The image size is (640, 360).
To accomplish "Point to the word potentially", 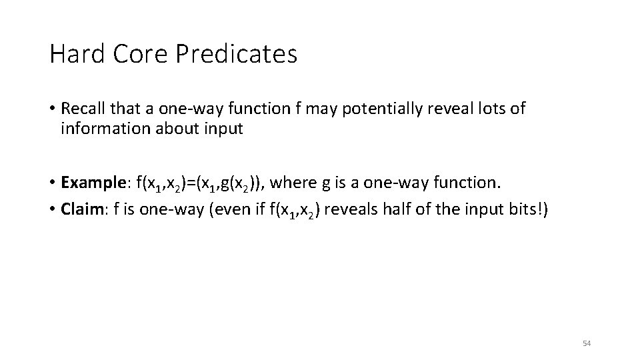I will click(x=381, y=109).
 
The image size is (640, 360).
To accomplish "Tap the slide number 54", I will click(x=587, y=343).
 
